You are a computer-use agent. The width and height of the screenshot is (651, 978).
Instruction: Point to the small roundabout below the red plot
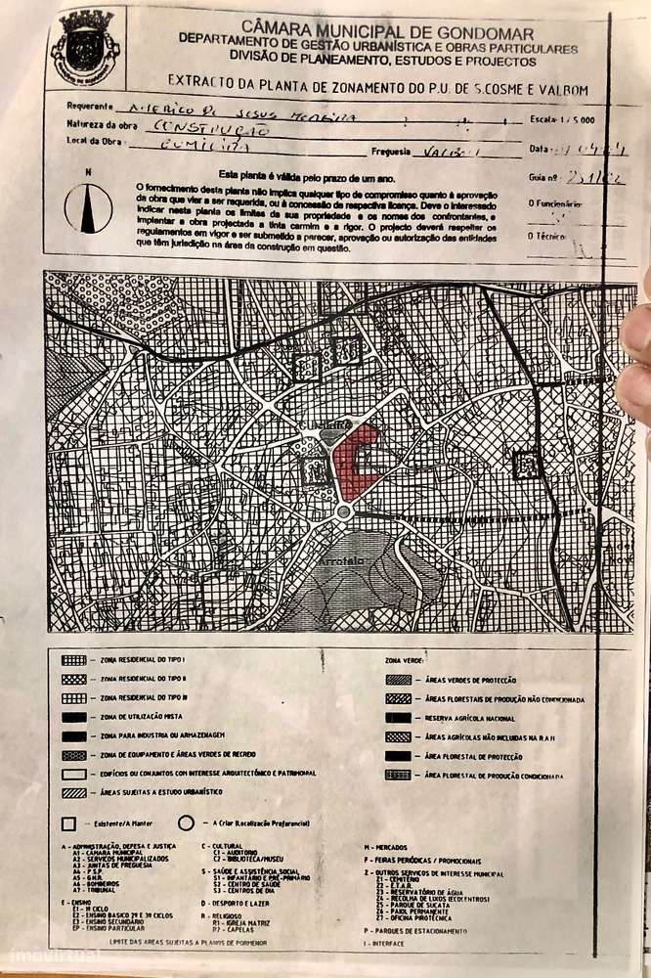[343, 511]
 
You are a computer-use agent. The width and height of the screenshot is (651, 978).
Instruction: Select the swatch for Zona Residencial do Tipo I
[73, 660]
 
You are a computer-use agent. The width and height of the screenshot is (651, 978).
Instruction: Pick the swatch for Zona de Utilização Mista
[73, 717]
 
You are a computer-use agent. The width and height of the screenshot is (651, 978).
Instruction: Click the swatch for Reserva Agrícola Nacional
[398, 718]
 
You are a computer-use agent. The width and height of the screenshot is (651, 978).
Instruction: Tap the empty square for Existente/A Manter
[68, 823]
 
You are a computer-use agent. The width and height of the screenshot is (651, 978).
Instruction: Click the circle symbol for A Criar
[186, 823]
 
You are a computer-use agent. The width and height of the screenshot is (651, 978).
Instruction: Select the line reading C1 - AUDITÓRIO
[236, 853]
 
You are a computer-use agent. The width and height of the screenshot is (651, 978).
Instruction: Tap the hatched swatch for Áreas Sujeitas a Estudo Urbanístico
[73, 792]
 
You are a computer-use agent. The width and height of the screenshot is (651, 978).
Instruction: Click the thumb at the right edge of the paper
[635, 352]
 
